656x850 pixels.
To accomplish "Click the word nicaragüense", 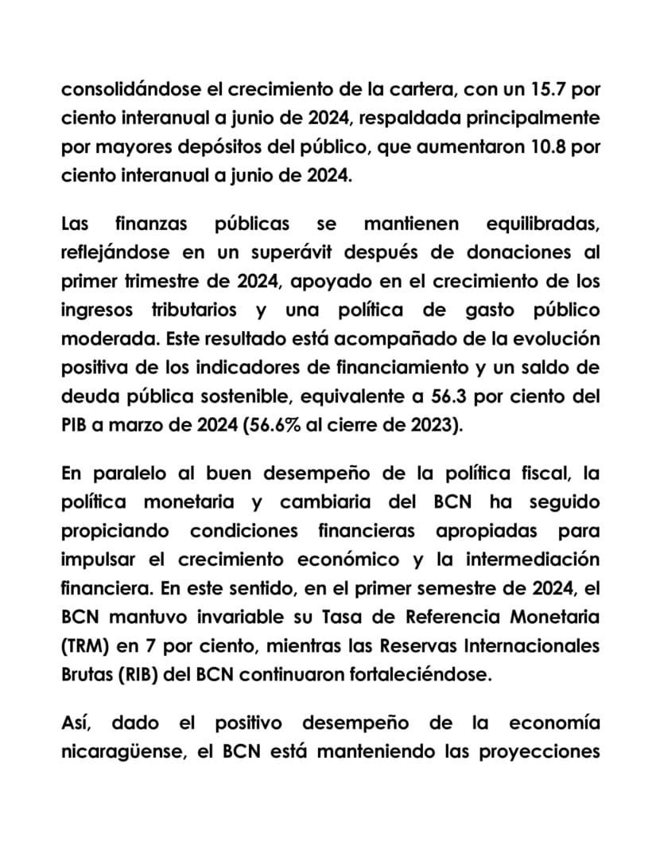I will coord(121,752).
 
